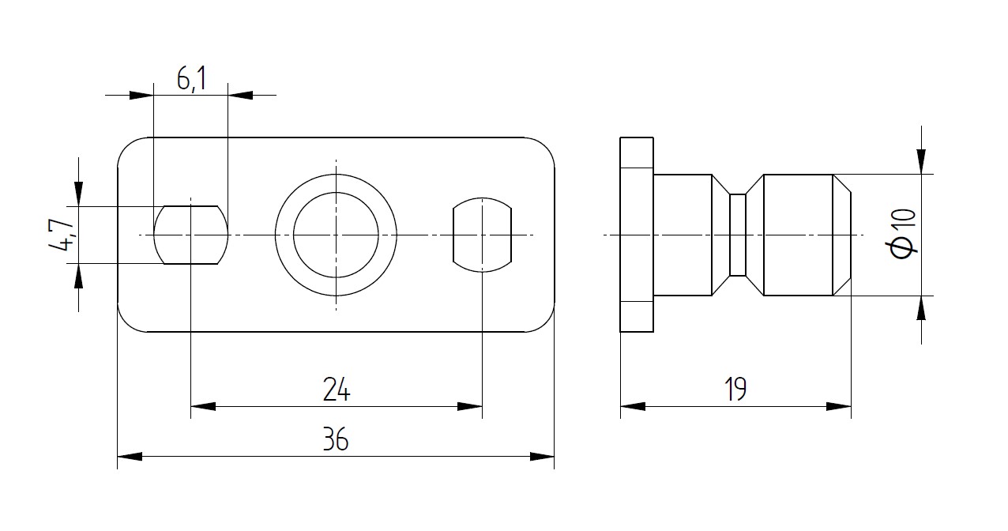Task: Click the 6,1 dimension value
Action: coord(192,80)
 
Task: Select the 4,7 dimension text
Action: coord(61,235)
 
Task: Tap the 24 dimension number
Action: coord(337,390)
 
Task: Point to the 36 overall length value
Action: coord(336,439)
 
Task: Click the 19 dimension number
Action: coord(735,390)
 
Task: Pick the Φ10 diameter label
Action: coord(903,234)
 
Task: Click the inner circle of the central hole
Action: coord(336,193)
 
